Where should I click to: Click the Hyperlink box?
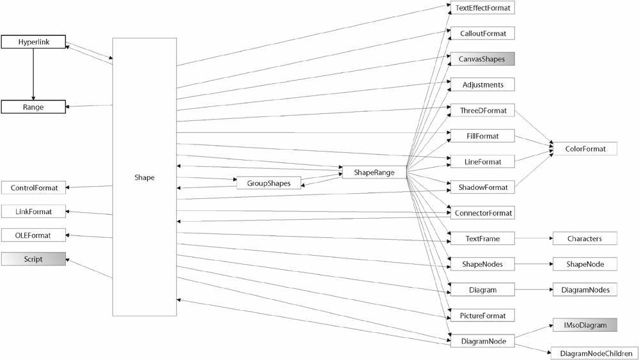[33, 42]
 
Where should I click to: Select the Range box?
[33, 107]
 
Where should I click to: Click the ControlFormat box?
[33, 188]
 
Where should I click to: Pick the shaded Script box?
[33, 259]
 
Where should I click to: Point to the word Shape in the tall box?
[144, 177]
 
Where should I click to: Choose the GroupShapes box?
[269, 183]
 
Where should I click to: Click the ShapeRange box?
[374, 172]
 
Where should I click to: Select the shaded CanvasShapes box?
[482, 59]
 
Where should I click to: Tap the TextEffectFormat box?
[482, 8]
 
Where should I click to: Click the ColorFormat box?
[585, 149]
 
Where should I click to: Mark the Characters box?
[585, 239]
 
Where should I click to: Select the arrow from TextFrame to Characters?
[534, 239]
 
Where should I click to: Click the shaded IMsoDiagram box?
[585, 325]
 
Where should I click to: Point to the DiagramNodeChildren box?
[595, 354]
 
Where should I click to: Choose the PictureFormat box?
[482, 315]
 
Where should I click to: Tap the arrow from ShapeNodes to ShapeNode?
[534, 264]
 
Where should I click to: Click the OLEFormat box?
[33, 235]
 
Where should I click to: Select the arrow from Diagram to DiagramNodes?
[534, 290]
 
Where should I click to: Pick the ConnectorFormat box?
[482, 213]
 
